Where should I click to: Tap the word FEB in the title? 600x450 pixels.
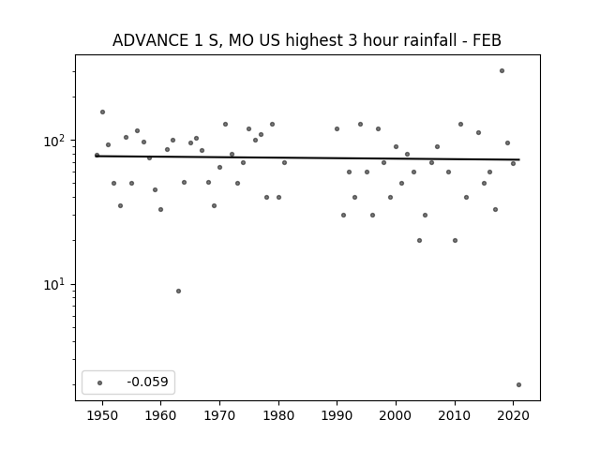click(487, 40)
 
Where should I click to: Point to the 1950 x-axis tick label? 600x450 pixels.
click(102, 415)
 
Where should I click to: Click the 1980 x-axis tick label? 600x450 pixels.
click(278, 415)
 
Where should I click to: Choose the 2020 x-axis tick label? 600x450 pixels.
click(513, 415)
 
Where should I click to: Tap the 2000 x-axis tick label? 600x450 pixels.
click(396, 415)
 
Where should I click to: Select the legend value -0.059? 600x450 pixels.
click(148, 382)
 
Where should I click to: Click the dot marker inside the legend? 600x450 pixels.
click(100, 382)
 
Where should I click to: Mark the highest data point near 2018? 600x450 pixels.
click(502, 71)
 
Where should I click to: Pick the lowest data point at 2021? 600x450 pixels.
click(518, 385)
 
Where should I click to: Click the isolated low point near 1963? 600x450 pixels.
click(178, 292)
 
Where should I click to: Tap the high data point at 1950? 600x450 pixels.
click(102, 112)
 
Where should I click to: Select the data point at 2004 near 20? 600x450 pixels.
click(419, 241)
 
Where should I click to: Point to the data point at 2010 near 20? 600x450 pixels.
click(455, 241)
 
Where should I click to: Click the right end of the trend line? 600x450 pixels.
click(519, 159)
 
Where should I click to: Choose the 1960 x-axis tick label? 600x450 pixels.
click(160, 415)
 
